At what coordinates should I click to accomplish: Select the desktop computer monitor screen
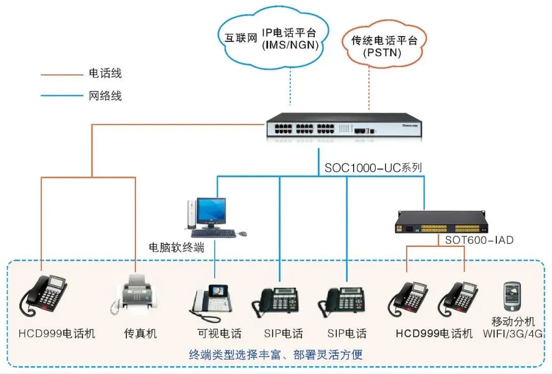point(211,210)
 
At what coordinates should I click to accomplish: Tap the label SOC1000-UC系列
point(374,168)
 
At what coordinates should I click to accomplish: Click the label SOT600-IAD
point(479,240)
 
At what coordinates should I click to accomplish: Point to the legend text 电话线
point(105,74)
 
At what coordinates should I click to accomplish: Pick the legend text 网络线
point(105,96)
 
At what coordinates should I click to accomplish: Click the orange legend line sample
point(61,75)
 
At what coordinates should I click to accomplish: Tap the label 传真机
point(141,334)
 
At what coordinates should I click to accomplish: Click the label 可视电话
point(219,334)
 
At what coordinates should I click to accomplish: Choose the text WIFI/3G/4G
point(513,334)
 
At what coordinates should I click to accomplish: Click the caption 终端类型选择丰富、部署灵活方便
point(275,354)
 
